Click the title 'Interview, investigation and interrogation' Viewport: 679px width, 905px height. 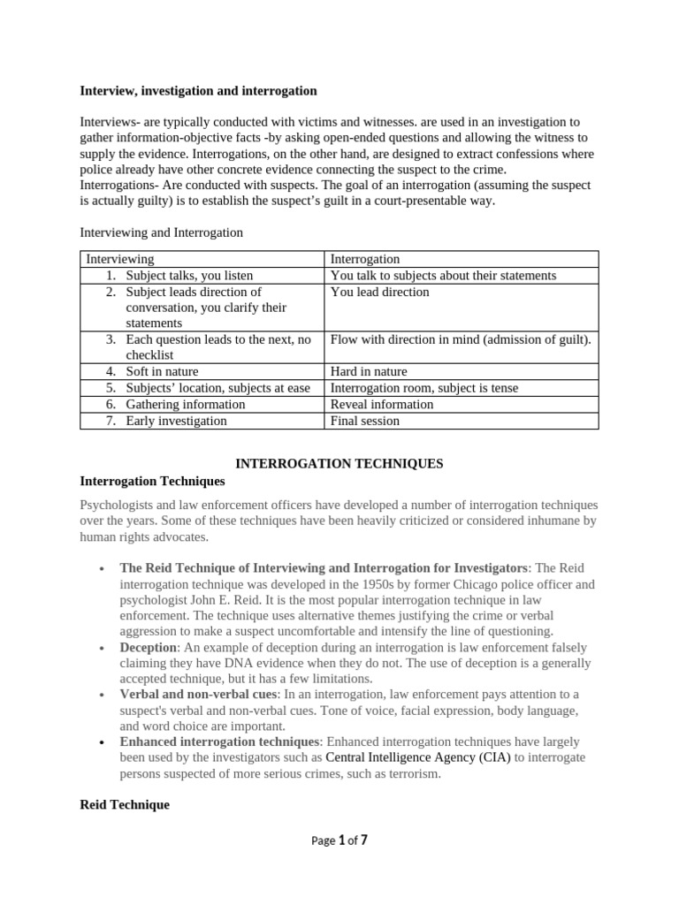[198, 91]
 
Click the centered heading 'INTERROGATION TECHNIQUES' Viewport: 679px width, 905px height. [338, 464]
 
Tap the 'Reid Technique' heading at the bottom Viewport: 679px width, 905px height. [125, 805]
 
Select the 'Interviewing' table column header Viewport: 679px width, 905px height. [119, 259]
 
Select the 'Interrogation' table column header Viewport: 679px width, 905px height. [364, 259]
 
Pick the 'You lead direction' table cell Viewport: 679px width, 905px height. [379, 292]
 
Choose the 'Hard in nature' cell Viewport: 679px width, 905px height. [369, 372]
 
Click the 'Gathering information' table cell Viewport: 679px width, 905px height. [186, 405]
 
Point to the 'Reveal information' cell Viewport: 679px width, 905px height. [382, 405]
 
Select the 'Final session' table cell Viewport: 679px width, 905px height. [364, 421]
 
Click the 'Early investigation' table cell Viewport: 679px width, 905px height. [176, 421]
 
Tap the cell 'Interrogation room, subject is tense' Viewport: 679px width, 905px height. [424, 388]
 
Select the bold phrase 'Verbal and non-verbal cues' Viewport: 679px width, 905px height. [198, 695]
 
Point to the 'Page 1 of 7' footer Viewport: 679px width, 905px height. [339, 840]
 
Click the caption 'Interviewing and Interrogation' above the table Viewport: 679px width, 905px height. [161, 232]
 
